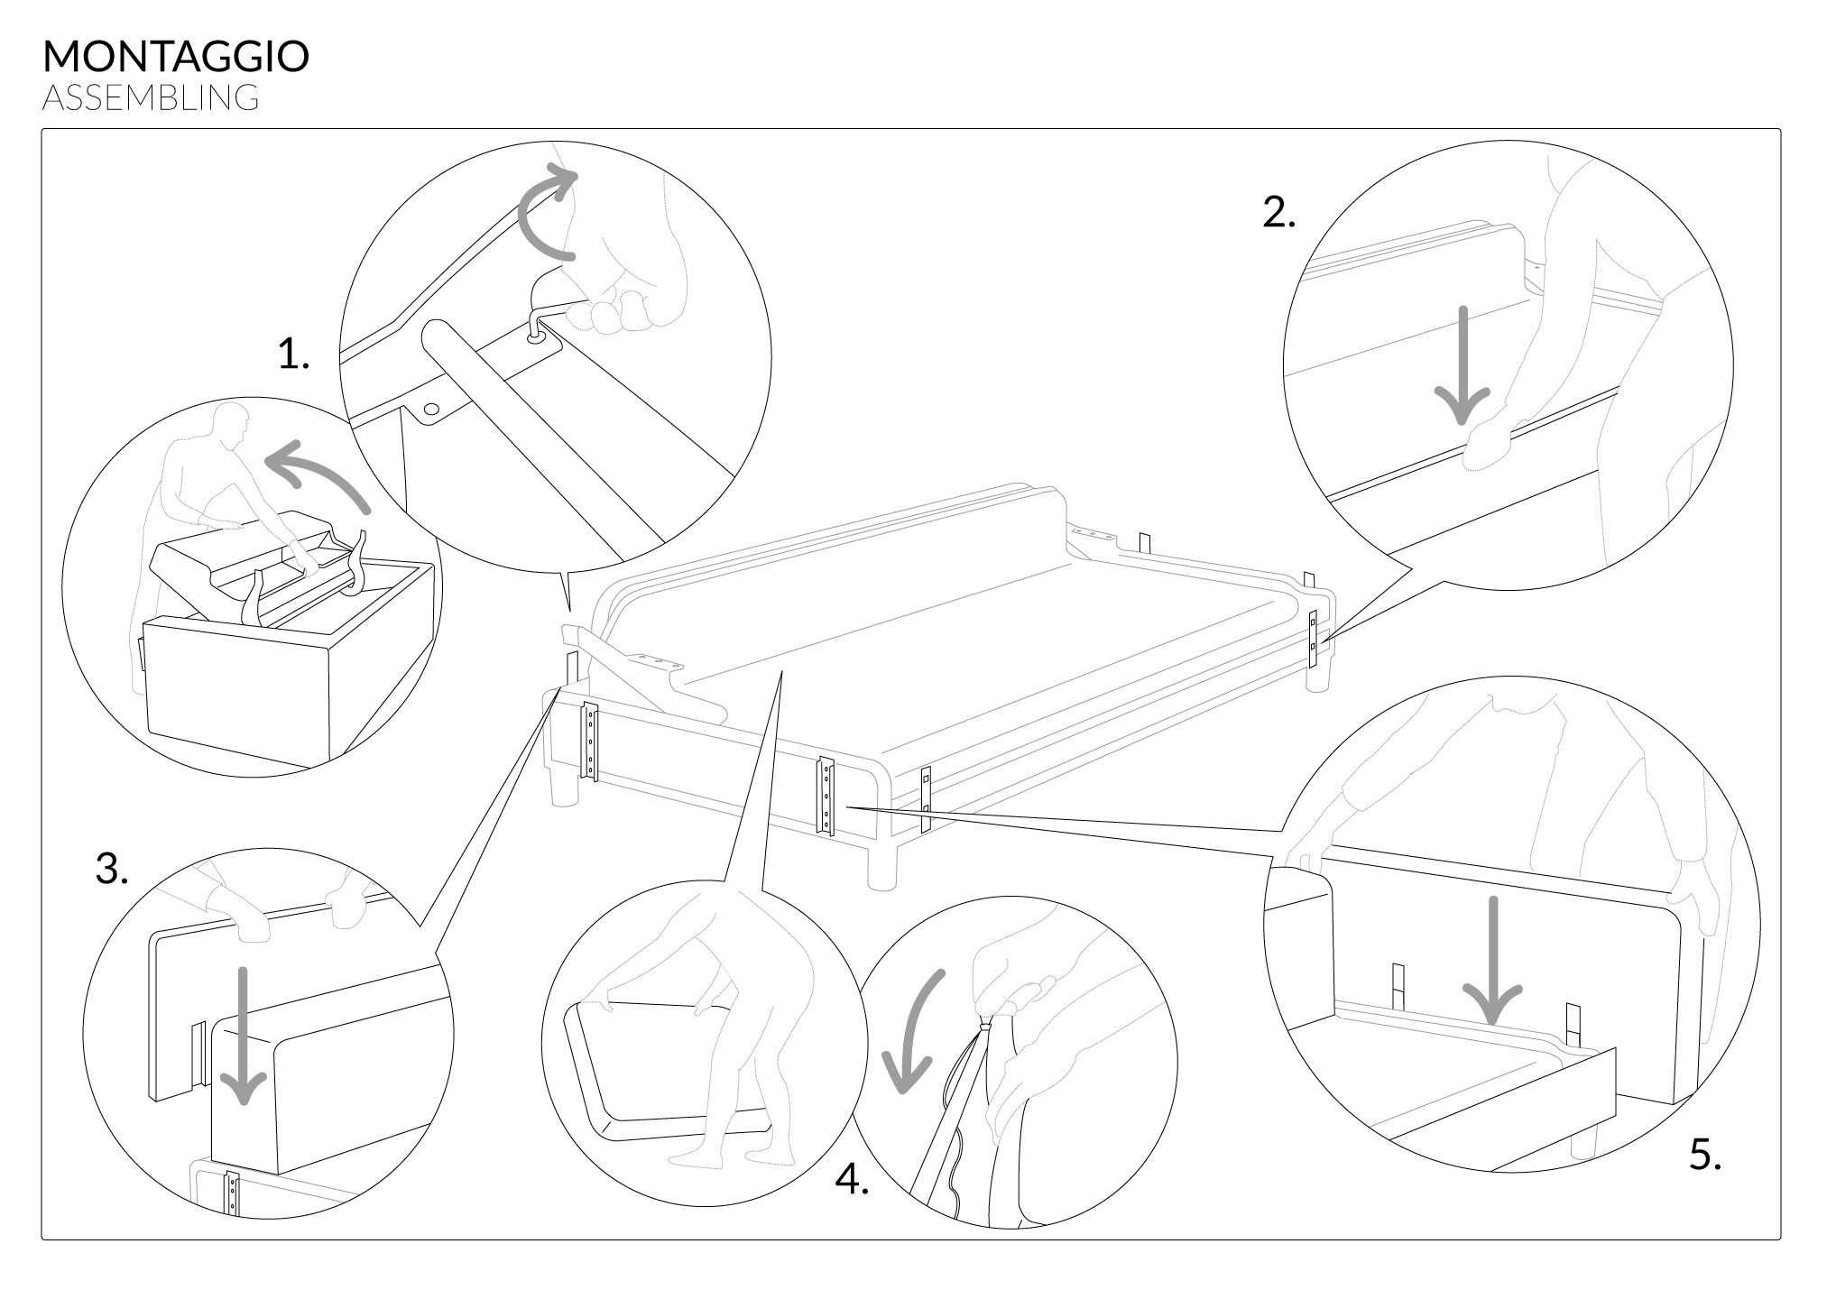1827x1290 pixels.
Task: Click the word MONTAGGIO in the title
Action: tap(176, 57)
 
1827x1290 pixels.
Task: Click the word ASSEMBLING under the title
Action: tap(151, 97)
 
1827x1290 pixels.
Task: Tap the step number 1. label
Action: tap(294, 356)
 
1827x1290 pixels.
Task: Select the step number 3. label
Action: tap(112, 871)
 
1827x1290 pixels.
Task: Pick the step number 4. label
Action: tap(852, 1179)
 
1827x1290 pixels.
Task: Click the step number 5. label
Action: tap(1705, 1156)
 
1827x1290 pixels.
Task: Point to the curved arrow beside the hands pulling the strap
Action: tap(912, 1028)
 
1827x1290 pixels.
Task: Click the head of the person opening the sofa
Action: tap(233, 423)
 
